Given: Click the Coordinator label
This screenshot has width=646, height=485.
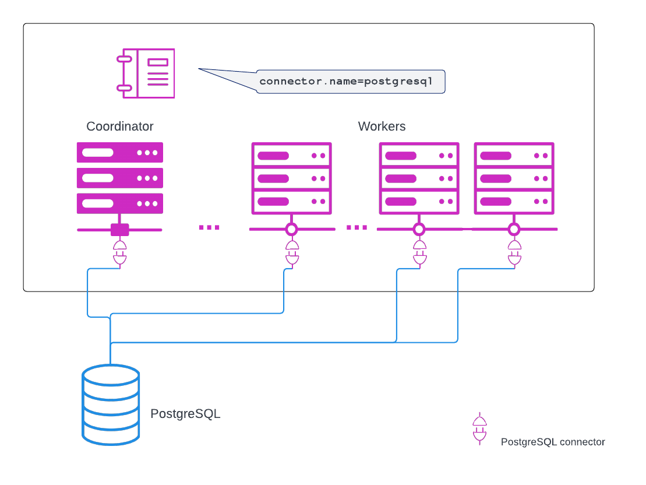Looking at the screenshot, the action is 119,126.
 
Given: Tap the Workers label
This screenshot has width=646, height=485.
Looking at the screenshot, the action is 382,126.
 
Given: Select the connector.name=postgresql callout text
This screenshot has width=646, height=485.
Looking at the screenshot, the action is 345,81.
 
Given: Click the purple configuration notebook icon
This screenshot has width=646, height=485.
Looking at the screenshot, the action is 146,73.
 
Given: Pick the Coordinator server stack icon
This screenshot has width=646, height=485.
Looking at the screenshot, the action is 120,178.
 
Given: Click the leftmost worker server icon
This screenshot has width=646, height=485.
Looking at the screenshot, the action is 292,178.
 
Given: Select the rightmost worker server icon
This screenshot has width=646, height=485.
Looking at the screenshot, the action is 514,178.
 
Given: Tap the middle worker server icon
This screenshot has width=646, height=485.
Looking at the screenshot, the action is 419,178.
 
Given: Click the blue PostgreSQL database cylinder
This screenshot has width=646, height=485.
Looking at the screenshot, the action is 111,405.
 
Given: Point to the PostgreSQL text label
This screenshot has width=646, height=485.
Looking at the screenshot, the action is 185,414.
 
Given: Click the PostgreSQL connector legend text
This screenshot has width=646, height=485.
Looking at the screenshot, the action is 553,442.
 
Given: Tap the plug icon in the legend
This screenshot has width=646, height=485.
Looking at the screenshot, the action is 479,428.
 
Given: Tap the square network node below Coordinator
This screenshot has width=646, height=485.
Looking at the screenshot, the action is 120,230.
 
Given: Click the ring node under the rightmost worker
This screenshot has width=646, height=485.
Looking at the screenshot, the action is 514,229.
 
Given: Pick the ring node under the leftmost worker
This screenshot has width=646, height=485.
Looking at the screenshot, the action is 292,229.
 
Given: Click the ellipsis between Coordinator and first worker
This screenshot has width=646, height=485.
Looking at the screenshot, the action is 209,227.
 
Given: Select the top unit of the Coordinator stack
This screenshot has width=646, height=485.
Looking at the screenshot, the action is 120,153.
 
